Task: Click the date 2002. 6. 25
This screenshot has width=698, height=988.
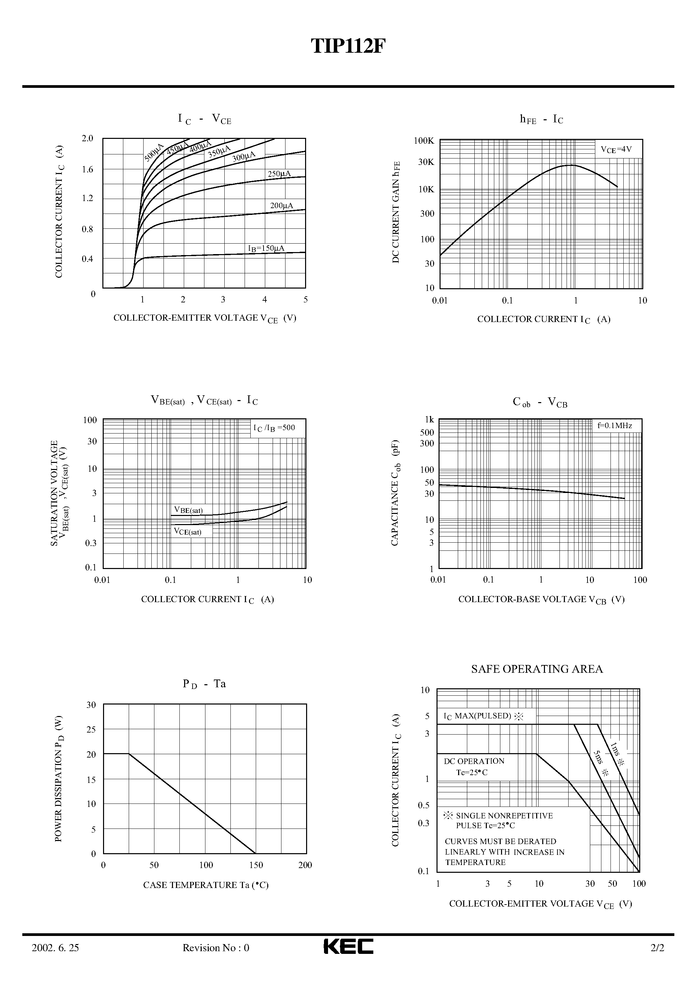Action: [55, 947]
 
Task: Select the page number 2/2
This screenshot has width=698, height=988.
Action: [657, 947]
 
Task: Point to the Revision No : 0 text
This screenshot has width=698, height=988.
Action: [216, 947]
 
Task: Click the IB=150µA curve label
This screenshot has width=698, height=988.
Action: [266, 248]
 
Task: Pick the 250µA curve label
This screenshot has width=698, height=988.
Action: [279, 174]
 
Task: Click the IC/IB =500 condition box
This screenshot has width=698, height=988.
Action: [274, 428]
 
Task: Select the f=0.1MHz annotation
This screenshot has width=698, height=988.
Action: [615, 426]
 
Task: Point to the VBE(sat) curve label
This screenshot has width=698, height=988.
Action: [188, 510]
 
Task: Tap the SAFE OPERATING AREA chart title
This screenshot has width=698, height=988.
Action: [537, 669]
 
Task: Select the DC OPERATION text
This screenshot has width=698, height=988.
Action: [474, 761]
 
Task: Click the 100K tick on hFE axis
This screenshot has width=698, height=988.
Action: [424, 141]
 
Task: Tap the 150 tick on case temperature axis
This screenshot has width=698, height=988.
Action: [256, 865]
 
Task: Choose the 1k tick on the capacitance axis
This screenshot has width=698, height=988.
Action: [429, 420]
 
